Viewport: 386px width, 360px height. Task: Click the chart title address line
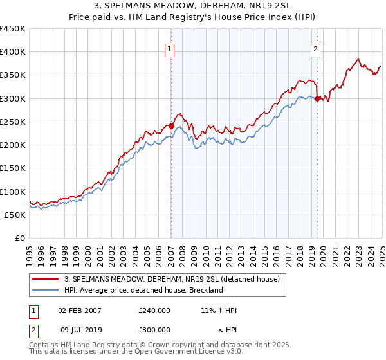coord(192,6)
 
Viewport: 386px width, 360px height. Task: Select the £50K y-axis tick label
coord(15,215)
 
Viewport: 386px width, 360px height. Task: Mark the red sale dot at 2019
coord(318,98)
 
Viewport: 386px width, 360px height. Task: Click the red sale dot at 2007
coord(171,127)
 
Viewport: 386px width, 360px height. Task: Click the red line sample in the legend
coord(46,280)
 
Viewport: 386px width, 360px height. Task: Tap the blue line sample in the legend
coord(46,290)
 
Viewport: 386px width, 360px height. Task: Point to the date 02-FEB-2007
coord(80,310)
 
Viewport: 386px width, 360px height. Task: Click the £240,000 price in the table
coord(154,310)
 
